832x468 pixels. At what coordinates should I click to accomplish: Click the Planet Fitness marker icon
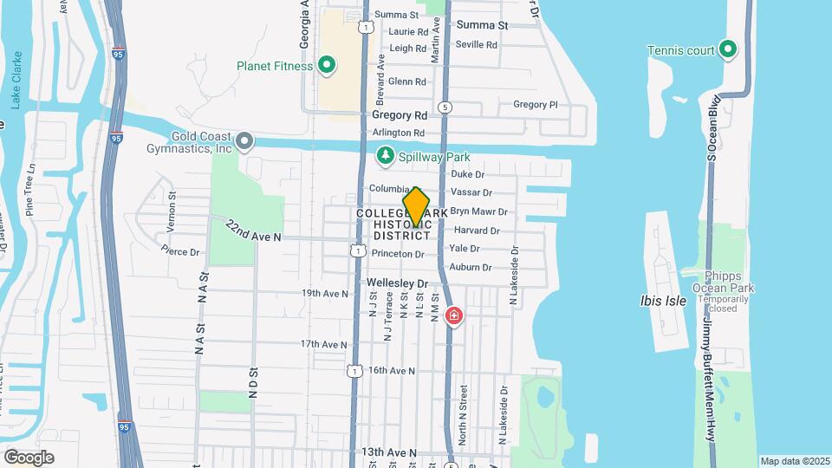(327, 64)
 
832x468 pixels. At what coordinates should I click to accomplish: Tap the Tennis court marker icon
(728, 49)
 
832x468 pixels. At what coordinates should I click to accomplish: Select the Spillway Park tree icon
(384, 157)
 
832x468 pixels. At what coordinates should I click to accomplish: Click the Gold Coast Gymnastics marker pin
(245, 140)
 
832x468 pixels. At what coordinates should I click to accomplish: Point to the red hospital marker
(452, 315)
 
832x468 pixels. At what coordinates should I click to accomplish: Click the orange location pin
(416, 207)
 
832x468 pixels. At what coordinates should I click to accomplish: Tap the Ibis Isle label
(663, 301)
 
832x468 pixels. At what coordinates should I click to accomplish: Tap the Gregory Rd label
(400, 115)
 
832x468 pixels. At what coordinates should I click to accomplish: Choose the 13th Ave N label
(389, 452)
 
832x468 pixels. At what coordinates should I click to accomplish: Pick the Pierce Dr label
(180, 251)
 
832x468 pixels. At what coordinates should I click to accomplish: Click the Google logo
(29, 457)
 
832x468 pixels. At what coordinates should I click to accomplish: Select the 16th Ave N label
(391, 370)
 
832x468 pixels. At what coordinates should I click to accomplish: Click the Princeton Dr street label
(398, 254)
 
